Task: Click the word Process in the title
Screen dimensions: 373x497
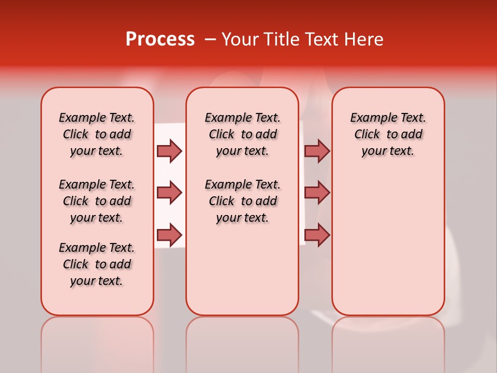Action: coord(159,39)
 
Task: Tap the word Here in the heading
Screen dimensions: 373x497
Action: coord(364,39)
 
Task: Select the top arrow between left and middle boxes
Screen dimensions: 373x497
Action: coord(169,151)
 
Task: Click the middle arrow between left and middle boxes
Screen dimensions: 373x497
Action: coord(169,193)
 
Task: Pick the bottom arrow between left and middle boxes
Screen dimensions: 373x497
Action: coord(169,235)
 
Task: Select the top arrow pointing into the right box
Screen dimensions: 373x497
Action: coord(317,151)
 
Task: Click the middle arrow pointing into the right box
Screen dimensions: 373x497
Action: coord(317,193)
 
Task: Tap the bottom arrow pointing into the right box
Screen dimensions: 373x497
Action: coord(317,235)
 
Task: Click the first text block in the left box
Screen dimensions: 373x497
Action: coord(97,134)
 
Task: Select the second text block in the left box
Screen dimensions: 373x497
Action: coord(97,201)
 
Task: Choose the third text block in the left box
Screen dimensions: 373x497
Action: coord(97,264)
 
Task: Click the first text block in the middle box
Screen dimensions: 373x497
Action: coord(242,134)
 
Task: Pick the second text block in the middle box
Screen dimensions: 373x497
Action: coord(242,201)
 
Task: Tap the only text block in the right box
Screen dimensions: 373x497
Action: coord(388,134)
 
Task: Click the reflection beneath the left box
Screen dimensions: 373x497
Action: coord(97,342)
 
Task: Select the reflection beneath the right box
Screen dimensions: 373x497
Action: coord(388,342)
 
